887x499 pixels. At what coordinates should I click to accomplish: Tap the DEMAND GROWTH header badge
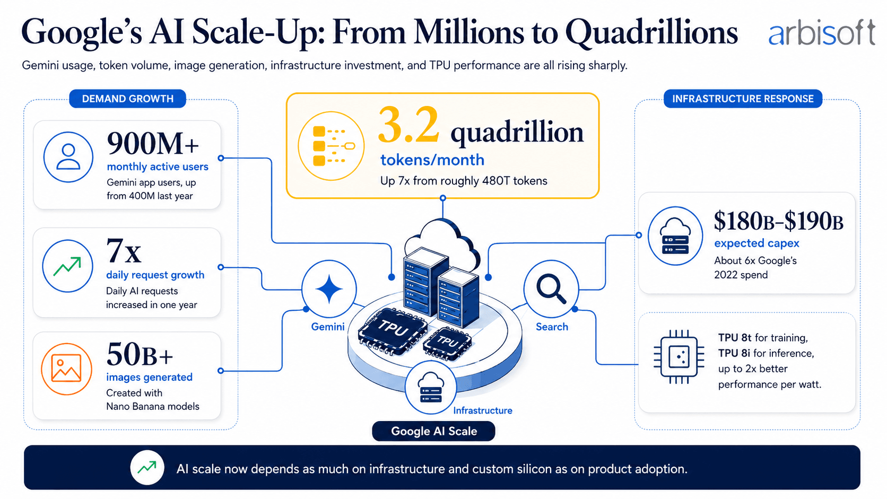[x=127, y=99]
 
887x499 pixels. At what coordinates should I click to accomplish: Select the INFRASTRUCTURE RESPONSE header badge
[x=743, y=99]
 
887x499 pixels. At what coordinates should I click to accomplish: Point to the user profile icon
[x=68, y=157]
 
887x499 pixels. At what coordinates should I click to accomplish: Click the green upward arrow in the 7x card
[x=67, y=266]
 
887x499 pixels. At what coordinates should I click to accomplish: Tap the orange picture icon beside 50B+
[x=66, y=369]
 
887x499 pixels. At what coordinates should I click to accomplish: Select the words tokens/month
[x=432, y=160]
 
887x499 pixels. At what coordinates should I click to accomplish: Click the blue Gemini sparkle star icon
[x=329, y=289]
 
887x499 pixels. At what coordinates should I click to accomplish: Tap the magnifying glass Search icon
[x=551, y=288]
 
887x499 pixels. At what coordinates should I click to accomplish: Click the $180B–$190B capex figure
[x=778, y=221]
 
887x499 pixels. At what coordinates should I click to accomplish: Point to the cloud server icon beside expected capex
[x=675, y=236]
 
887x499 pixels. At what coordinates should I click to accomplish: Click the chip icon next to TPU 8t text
[x=679, y=356]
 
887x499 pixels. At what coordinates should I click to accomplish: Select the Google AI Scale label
[x=433, y=431]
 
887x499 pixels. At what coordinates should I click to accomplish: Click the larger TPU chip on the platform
[x=393, y=330]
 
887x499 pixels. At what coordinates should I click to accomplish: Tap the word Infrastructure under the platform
[x=483, y=410]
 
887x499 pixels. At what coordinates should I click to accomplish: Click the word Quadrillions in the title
[x=651, y=32]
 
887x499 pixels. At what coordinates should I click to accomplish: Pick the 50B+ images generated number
[x=140, y=355]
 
